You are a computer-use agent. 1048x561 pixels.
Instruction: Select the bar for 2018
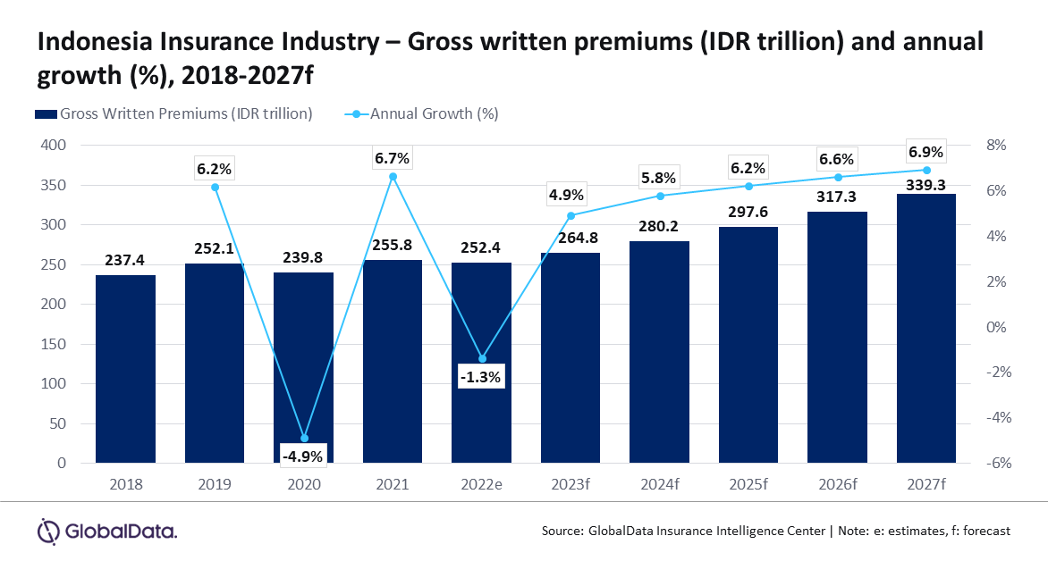126,369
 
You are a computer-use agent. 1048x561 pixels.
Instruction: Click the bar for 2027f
925,328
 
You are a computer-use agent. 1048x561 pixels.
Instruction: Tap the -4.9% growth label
303,456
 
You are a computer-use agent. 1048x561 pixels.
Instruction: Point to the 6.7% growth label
392,158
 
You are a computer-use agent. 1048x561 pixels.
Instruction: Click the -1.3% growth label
480,377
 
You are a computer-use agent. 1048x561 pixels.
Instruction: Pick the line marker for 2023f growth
570,215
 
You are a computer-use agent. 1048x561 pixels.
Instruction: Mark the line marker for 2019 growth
215,187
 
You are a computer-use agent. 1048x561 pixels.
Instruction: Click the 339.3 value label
925,185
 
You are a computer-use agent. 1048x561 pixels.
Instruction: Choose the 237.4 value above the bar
125,260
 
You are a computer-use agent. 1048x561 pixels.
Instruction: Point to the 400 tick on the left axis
53,145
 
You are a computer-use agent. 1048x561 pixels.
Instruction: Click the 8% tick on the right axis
996,145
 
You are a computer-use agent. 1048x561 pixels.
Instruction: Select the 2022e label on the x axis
481,484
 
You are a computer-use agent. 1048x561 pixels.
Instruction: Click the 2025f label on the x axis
748,484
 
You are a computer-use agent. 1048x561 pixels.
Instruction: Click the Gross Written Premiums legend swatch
46,114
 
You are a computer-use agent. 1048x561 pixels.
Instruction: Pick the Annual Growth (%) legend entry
422,113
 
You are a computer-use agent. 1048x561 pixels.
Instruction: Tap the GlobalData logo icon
48,532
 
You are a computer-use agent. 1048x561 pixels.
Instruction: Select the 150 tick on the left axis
53,344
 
